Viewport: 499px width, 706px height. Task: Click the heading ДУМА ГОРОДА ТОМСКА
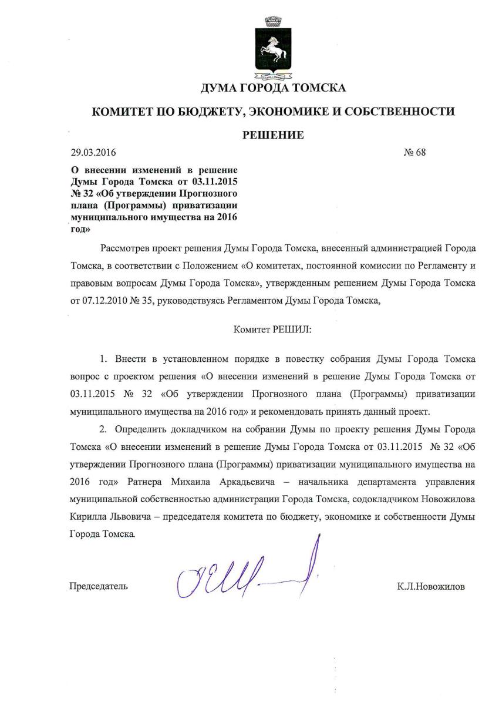tap(273, 88)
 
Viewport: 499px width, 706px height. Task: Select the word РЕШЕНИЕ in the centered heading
tap(273, 135)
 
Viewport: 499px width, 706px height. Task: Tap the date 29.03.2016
tap(93, 153)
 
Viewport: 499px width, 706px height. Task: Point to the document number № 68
tap(414, 153)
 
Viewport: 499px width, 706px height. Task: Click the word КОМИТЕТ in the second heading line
tap(125, 111)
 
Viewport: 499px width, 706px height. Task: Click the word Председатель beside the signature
tap(99, 586)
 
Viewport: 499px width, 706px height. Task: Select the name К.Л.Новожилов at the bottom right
tap(430, 586)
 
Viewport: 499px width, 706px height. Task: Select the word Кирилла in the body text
tap(86, 519)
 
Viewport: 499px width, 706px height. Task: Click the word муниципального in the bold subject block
tap(103, 218)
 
